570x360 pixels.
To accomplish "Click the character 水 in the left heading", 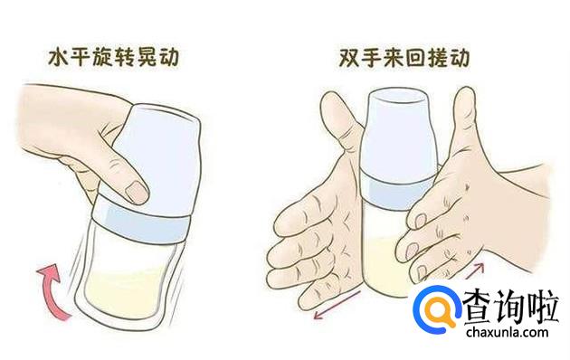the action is tap(59, 58).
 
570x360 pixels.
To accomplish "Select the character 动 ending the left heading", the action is tap(168, 58).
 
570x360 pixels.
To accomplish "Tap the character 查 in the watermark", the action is tap(480, 306).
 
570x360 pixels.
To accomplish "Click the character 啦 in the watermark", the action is tap(544, 306).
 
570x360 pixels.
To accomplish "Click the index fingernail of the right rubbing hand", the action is tap(420, 221).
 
